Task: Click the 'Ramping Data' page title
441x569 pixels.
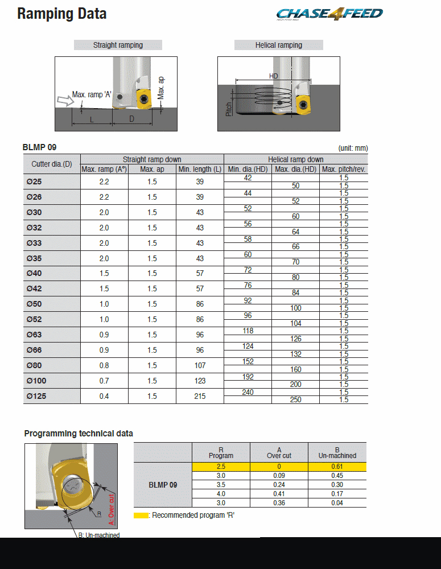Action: (x=62, y=14)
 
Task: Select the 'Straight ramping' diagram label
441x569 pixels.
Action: (x=118, y=45)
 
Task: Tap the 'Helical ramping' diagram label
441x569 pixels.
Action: (x=279, y=45)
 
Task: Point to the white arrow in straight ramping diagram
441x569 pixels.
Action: (x=65, y=101)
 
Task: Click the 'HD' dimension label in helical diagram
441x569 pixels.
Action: (x=274, y=76)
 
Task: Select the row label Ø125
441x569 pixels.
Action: (x=38, y=396)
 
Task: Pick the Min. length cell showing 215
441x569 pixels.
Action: (x=200, y=396)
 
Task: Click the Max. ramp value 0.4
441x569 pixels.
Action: (x=104, y=396)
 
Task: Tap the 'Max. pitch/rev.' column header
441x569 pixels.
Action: (x=344, y=169)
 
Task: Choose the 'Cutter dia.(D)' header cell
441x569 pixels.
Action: (x=52, y=164)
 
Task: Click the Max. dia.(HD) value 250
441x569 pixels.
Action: (x=295, y=400)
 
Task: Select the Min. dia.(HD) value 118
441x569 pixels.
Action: (x=248, y=331)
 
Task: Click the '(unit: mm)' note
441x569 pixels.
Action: (x=353, y=148)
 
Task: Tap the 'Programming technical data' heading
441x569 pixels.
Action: (x=79, y=434)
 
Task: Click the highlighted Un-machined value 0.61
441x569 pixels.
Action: (x=337, y=467)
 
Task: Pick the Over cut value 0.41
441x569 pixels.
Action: (x=279, y=494)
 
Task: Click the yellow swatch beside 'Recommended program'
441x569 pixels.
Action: (x=141, y=516)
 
